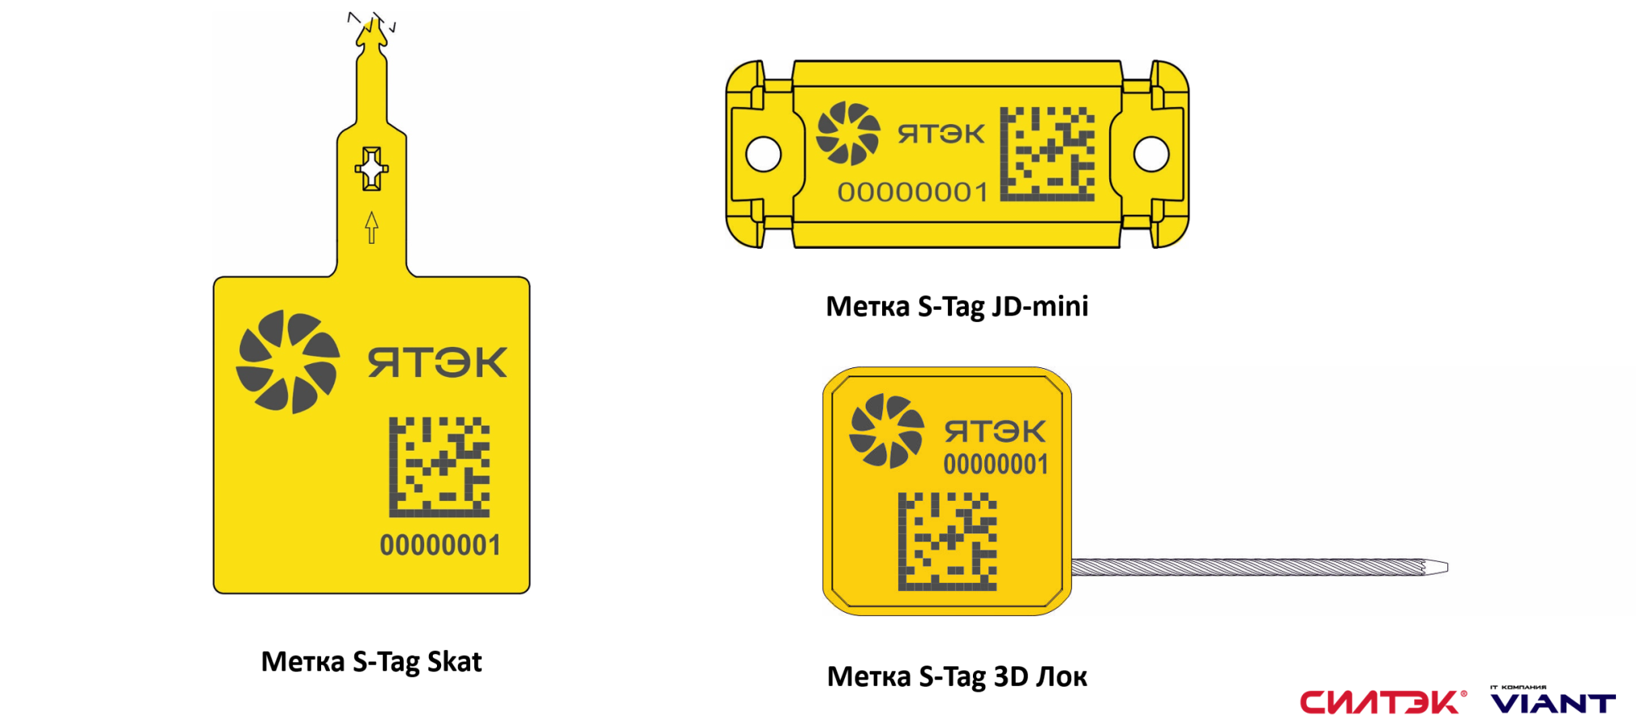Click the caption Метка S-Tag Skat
click(371, 662)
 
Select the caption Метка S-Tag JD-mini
click(957, 306)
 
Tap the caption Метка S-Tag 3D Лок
click(957, 676)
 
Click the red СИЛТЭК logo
click(1382, 702)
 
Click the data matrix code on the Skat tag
click(439, 467)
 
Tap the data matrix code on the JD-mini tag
click(1048, 154)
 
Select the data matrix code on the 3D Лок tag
click(947, 542)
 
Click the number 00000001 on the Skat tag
click(440, 546)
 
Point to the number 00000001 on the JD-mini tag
click(913, 193)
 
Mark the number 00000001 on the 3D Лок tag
click(996, 465)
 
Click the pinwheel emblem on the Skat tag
click(288, 362)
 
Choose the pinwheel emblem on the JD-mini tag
click(848, 133)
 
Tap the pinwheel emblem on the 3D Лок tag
click(886, 431)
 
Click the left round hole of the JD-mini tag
click(763, 154)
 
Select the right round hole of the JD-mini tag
click(1151, 154)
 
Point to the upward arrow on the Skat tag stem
click(371, 227)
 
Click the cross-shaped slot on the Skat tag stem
click(371, 169)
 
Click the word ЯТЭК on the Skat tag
click(438, 362)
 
